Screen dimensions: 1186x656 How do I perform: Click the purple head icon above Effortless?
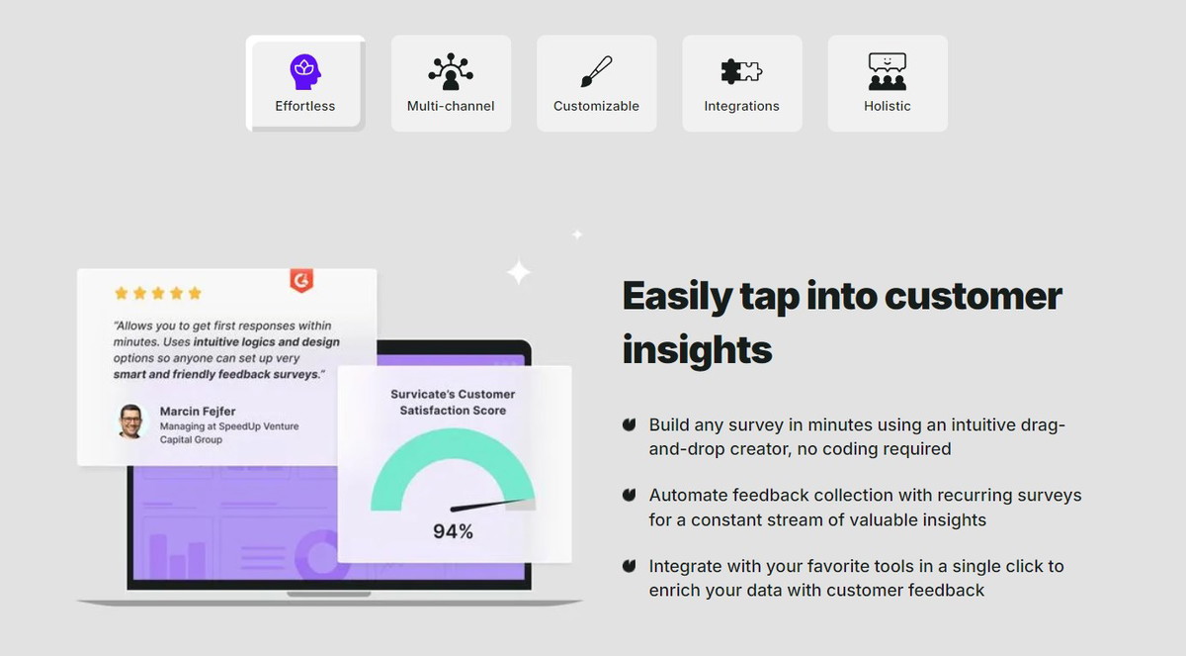(305, 71)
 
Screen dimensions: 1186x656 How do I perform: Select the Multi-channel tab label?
(451, 106)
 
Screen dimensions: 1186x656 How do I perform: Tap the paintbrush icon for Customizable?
(596, 71)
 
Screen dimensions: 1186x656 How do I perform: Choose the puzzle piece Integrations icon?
(741, 71)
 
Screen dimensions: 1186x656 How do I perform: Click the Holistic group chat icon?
(888, 71)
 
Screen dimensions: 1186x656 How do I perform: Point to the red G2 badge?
(301, 280)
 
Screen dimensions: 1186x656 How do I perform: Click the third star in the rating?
(158, 293)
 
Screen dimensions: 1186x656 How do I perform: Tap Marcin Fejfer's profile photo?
(130, 422)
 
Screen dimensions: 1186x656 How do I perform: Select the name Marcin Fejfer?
(198, 412)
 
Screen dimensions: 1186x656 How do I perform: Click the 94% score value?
(453, 531)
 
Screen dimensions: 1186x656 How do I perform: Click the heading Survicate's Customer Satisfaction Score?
(453, 402)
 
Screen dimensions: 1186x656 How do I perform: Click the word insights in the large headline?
(698, 350)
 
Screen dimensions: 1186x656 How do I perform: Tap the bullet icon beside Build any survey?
(629, 424)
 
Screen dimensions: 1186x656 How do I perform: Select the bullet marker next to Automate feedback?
(629, 495)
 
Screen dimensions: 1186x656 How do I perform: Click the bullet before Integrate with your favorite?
(629, 566)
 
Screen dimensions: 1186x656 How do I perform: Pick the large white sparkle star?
(518, 272)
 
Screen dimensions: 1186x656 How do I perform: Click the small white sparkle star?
(577, 234)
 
